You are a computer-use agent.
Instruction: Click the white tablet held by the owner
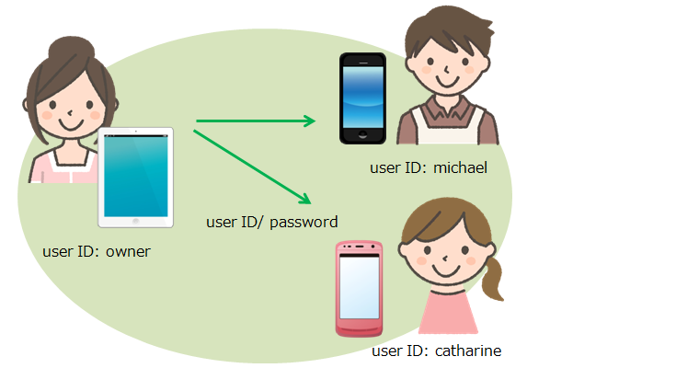[x=136, y=177]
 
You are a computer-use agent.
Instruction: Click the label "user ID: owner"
[x=96, y=250]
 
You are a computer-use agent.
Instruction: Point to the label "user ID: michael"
[x=428, y=167]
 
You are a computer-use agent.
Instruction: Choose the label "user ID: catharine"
[x=437, y=351]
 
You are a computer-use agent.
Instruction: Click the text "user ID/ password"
[x=272, y=222]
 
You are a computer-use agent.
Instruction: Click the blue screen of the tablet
[x=136, y=175]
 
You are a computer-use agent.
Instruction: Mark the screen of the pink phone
[x=359, y=284]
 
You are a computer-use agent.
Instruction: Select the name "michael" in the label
[x=460, y=167]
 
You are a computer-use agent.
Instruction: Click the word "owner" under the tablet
[x=128, y=250]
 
